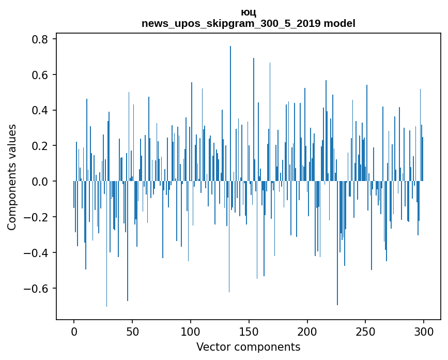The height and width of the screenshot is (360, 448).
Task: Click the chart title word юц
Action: (249, 13)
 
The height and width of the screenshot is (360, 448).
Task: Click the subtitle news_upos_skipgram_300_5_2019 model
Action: (249, 23)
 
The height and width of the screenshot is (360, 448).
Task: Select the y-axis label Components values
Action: (12, 177)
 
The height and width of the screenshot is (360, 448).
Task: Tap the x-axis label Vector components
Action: (248, 347)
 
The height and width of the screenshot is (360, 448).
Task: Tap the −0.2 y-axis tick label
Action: (36, 217)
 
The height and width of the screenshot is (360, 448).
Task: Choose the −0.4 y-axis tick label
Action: (36, 253)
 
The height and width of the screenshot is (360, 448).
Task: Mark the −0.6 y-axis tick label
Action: (36, 288)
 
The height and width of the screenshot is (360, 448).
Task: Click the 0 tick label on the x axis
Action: (74, 331)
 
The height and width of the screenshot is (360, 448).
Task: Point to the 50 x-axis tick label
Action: (132, 331)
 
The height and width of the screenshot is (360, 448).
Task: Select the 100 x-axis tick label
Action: (191, 331)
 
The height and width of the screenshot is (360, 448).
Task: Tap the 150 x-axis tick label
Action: (249, 331)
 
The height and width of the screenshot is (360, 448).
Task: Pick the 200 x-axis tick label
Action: (307, 331)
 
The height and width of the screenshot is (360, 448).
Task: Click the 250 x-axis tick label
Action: (366, 331)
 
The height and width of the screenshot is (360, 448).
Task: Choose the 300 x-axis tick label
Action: (424, 331)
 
